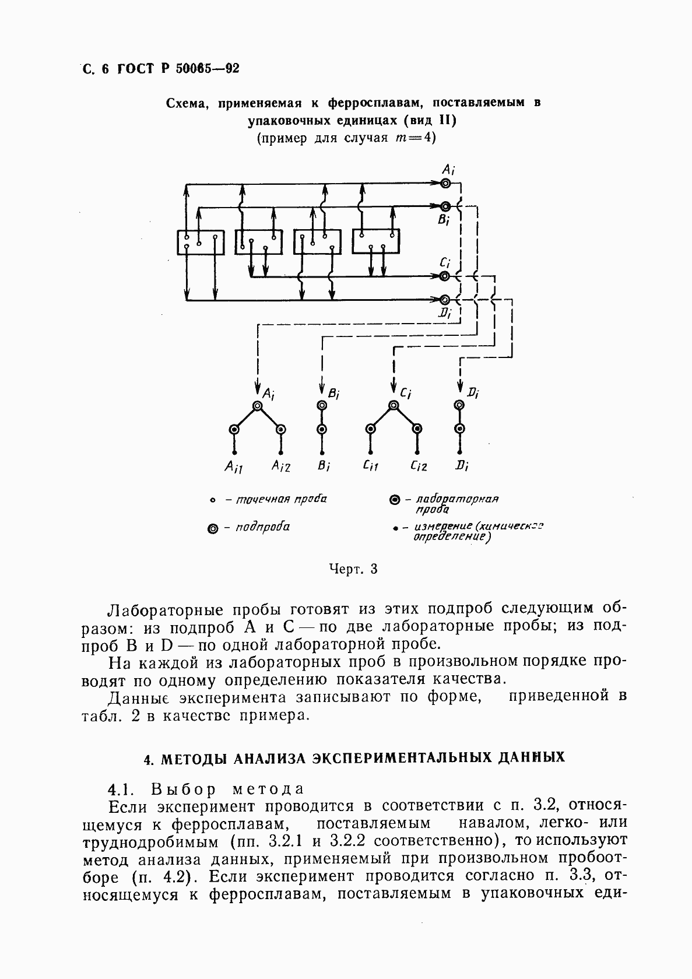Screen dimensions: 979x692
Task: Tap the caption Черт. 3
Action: pos(353,569)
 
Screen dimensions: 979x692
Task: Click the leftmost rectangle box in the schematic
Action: pos(201,242)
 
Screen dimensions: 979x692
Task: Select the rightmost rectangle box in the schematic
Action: pos(376,241)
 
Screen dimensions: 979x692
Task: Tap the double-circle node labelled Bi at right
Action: pos(445,206)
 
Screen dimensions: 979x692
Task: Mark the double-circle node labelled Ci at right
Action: pos(445,276)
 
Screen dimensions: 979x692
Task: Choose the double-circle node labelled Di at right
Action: pos(445,299)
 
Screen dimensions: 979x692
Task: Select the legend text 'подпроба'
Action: pos(262,528)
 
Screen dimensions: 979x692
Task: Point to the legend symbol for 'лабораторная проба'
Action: pos(394,500)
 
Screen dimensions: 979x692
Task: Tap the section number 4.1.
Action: pos(122,789)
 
